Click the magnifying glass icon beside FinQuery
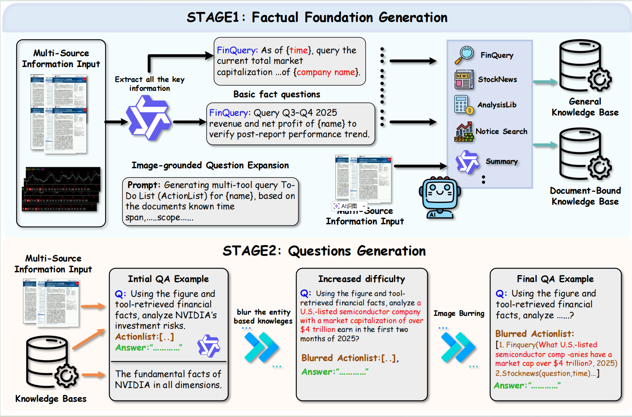click(x=464, y=55)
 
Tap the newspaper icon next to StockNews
click(x=464, y=79)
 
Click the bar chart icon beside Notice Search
click(x=464, y=132)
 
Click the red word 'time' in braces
click(x=298, y=50)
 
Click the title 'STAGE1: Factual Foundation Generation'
click(x=317, y=17)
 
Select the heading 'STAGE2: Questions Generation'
click(x=324, y=251)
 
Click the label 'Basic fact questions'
click(x=276, y=94)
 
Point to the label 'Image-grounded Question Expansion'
click(x=210, y=165)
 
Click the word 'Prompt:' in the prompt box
click(x=144, y=185)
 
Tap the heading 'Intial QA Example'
click(x=168, y=279)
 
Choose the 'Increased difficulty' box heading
click(x=361, y=279)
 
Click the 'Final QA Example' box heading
click(x=555, y=279)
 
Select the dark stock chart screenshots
click(x=61, y=189)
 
